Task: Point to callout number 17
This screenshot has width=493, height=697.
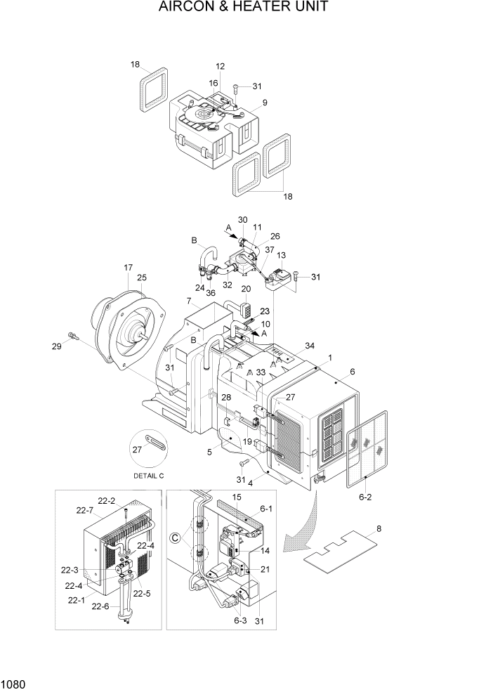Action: click(129, 267)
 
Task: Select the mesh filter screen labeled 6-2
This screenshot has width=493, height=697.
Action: click(368, 448)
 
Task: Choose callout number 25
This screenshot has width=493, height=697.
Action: click(142, 278)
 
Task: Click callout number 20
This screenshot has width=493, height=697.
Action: click(246, 289)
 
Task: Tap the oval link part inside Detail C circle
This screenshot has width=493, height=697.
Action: click(154, 443)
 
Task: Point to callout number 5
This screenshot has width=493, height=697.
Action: click(209, 452)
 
